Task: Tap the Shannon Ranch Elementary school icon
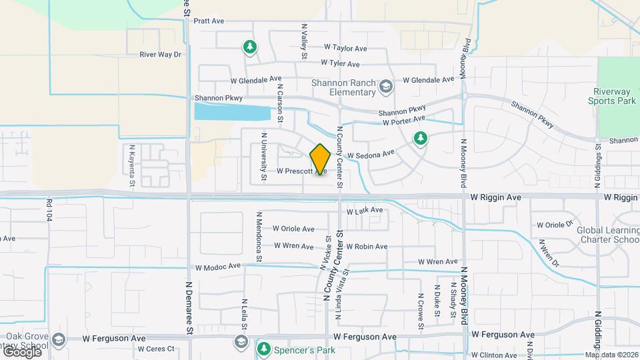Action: click(385, 87)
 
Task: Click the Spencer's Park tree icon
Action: click(263, 349)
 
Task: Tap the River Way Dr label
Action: click(160, 55)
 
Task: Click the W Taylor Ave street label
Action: click(345, 48)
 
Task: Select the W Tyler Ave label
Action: click(340, 64)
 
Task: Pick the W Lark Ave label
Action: click(365, 211)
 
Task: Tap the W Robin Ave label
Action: click(366, 247)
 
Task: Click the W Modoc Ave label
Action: click(217, 267)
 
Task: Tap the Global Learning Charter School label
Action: click(608, 235)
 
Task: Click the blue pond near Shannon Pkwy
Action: click(232, 111)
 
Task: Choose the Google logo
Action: click(21, 352)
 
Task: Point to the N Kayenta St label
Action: click(132, 165)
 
